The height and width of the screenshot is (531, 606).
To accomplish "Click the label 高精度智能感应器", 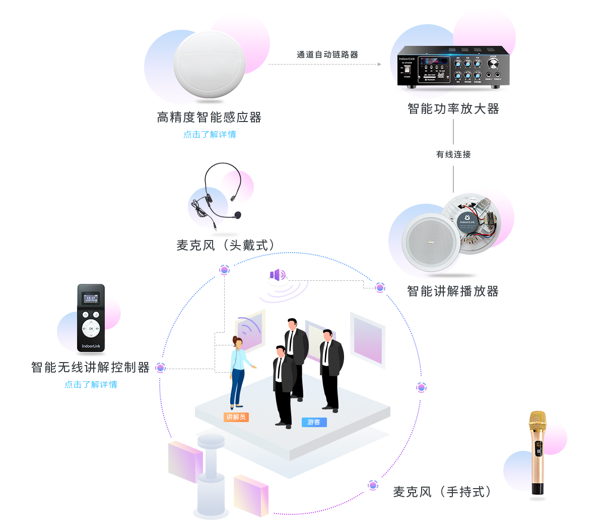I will (209, 117).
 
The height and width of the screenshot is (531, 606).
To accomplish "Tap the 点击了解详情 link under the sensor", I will (210, 135).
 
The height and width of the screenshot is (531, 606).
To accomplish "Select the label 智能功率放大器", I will (453, 109).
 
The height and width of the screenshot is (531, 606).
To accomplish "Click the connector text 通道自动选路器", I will (327, 54).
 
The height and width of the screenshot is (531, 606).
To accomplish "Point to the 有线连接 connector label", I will (453, 154).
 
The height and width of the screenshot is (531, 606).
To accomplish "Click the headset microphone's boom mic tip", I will (238, 214).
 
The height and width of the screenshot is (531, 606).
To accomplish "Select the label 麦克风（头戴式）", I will (225, 245).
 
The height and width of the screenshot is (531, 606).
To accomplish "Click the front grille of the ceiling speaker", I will (431, 242).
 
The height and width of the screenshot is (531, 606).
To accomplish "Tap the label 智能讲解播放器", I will (452, 291).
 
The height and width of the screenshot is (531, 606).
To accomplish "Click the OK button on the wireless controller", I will (91, 328).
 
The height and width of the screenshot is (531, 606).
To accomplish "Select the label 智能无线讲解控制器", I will (91, 367).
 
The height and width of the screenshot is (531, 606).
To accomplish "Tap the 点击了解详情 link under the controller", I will (91, 385).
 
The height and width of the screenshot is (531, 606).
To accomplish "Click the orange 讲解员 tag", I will (236, 417).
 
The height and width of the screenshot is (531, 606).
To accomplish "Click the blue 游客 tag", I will (314, 422).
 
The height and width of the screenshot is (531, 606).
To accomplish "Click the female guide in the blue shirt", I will (238, 371).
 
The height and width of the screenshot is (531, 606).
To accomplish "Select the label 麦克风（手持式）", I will (442, 492).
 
